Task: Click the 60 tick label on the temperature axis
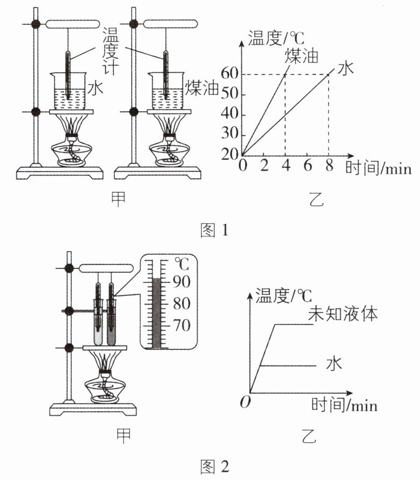click(x=229, y=73)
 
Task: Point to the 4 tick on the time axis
click(x=286, y=166)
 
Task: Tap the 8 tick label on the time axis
click(x=329, y=166)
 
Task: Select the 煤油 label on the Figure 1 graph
click(x=302, y=56)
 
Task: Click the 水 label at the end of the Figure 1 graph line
click(x=346, y=68)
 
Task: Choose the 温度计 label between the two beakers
click(x=110, y=51)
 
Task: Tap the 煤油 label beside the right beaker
click(x=201, y=88)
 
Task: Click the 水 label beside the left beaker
click(x=96, y=88)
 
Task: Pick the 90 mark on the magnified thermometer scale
click(x=181, y=282)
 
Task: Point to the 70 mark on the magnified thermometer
click(x=181, y=325)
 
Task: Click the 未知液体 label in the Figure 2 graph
click(x=343, y=314)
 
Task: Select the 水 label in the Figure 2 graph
click(x=334, y=363)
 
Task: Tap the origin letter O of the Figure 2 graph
click(x=245, y=402)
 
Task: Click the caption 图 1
click(x=214, y=230)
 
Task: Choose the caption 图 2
click(x=214, y=467)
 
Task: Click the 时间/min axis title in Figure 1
click(x=378, y=168)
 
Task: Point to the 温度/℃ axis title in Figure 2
click(x=283, y=296)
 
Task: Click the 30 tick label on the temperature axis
click(x=229, y=134)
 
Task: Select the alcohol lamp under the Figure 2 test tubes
click(x=105, y=387)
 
